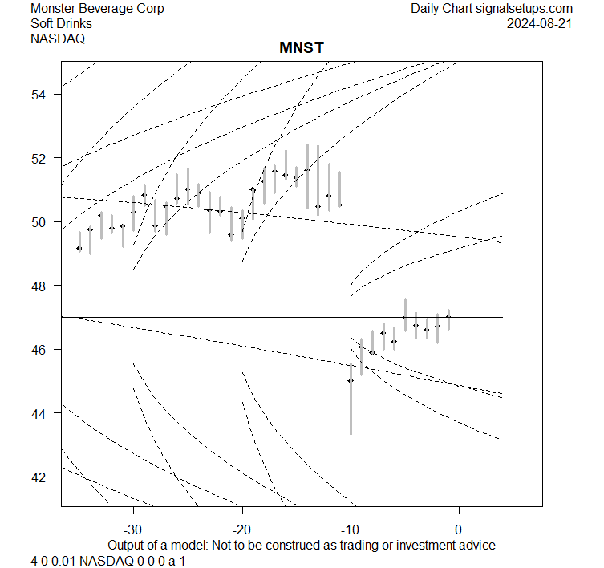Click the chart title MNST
point(302,49)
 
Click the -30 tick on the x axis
point(133,529)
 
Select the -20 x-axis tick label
point(241,529)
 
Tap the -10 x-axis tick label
point(351,529)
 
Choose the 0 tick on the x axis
point(458,529)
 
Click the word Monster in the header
point(55,9)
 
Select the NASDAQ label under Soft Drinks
point(58,38)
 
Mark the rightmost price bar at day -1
point(448,318)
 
